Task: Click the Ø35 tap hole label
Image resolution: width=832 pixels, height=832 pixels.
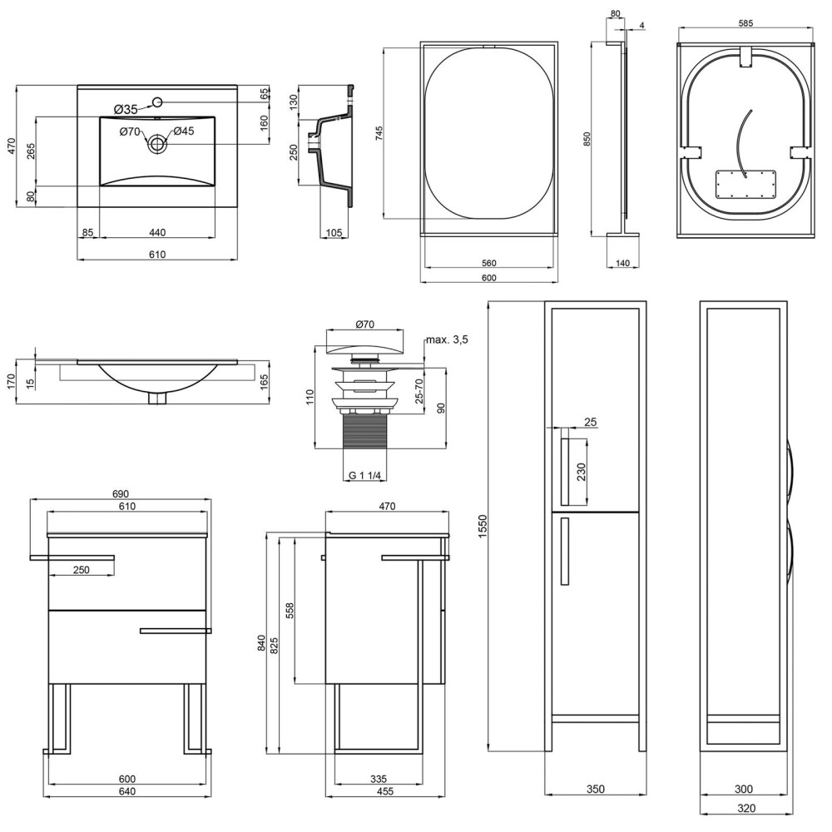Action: [x=126, y=109]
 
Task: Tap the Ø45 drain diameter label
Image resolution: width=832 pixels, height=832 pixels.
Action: [x=184, y=131]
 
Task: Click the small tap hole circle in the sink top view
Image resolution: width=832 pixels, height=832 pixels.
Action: [x=157, y=102]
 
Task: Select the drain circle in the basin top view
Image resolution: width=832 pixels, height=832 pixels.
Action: [x=157, y=143]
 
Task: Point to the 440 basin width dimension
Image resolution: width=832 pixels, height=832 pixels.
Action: [x=157, y=232]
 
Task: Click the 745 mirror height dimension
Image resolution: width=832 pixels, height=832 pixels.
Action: [x=379, y=132]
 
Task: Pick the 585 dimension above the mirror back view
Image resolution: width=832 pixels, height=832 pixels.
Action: [x=745, y=22]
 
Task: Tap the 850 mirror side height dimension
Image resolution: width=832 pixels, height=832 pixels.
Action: [x=587, y=139]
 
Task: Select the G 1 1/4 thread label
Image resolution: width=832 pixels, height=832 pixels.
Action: [x=364, y=475]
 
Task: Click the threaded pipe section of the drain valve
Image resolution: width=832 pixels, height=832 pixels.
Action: [x=365, y=431]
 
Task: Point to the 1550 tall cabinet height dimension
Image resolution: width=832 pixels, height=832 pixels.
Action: [x=483, y=526]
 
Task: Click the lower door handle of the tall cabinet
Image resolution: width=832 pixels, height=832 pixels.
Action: [x=564, y=552]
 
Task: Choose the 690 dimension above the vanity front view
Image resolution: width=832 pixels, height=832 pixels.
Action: [x=121, y=494]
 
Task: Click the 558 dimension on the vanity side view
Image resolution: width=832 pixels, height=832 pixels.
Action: [x=290, y=611]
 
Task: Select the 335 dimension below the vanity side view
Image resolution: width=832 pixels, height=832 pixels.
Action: [x=379, y=779]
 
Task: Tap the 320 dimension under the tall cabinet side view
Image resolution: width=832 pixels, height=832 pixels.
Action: [x=746, y=809]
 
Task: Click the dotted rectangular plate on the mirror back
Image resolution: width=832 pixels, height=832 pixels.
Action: [x=745, y=184]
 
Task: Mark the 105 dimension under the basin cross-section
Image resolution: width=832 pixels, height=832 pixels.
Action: [x=334, y=232]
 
